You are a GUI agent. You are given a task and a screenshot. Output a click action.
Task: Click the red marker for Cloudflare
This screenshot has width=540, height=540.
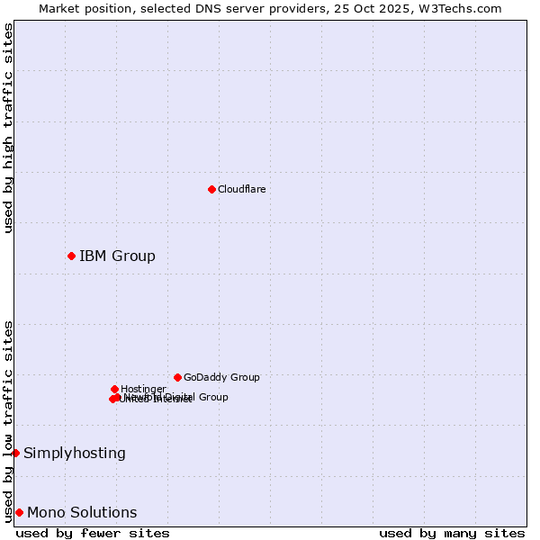tap(211, 189)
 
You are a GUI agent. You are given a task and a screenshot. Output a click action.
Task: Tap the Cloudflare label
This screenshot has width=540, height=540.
tap(241, 189)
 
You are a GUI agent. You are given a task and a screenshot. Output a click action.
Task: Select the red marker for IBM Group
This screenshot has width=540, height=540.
tap(71, 256)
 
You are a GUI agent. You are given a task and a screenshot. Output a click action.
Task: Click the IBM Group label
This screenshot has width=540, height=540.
tap(117, 256)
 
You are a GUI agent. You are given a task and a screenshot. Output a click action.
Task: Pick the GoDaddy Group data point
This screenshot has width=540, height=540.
tap(177, 377)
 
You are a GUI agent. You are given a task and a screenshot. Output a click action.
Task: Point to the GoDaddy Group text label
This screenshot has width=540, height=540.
tap(221, 377)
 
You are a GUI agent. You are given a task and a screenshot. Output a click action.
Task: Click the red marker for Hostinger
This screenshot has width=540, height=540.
tap(114, 389)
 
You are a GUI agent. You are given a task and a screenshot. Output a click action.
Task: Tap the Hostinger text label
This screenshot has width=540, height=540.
tap(143, 389)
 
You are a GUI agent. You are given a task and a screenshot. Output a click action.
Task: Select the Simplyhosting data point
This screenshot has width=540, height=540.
tap(15, 453)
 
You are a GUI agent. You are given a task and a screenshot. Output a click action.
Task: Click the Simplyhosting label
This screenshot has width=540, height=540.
tap(75, 454)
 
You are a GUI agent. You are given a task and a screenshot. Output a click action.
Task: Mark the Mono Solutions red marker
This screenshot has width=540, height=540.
tap(19, 512)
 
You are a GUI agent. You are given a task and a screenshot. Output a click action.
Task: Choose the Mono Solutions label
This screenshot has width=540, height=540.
tap(82, 513)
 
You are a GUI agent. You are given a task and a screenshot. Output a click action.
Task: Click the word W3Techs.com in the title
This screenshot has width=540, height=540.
tap(467, 8)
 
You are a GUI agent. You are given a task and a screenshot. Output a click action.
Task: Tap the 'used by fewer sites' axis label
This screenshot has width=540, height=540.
tap(93, 534)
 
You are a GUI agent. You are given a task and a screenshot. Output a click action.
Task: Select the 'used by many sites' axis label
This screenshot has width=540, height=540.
tap(452, 534)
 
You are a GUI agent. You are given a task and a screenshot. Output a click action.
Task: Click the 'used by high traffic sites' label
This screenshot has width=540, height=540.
tap(8, 128)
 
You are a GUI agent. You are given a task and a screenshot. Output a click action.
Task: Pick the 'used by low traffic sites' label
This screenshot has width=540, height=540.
tap(8, 421)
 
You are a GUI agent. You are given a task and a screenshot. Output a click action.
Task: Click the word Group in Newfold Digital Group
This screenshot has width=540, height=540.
tap(212, 397)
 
